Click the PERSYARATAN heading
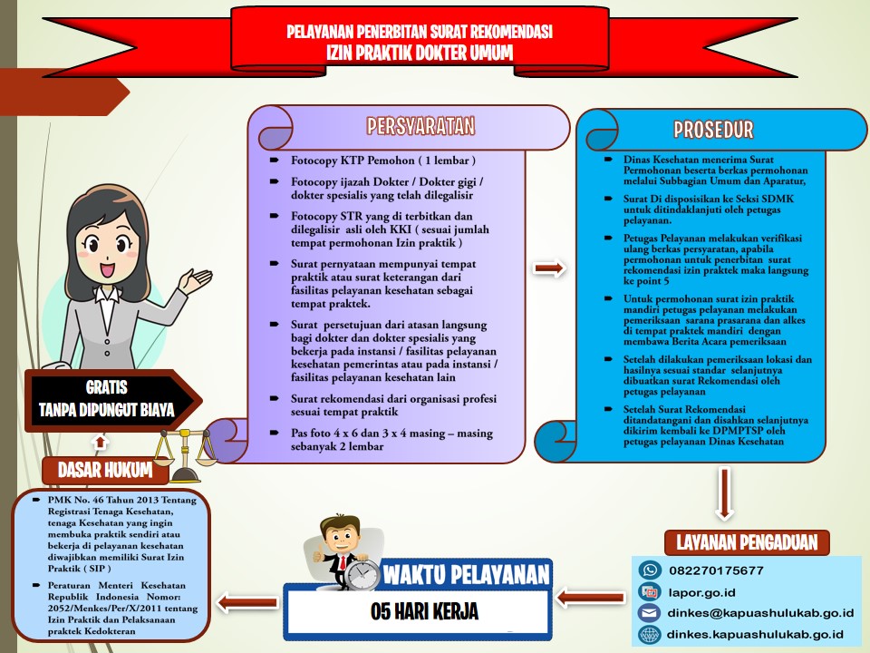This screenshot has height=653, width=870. pos(420,126)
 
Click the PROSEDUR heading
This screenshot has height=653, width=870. pos(713,130)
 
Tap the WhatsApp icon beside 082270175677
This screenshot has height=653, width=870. pos(650,570)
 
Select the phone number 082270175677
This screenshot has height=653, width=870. pos(716,570)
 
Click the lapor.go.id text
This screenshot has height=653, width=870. pos(701,592)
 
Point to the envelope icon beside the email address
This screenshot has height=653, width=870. pos(649,613)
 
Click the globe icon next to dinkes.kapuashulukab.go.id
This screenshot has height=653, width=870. pos(649,634)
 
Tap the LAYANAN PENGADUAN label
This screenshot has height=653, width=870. pos(747,542)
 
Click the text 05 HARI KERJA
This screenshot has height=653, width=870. pos(424,611)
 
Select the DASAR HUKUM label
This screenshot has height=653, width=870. pos(105,471)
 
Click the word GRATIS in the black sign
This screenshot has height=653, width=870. pos(107,387)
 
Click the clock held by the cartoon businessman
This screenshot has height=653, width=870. pos(362,574)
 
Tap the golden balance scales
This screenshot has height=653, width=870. pos(184,453)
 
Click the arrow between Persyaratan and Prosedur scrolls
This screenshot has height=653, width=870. pos(549,268)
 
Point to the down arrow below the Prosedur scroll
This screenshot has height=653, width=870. pos(723,493)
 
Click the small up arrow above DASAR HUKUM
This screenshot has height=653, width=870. pos(100,442)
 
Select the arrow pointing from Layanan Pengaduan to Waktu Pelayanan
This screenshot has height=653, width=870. pos(590,598)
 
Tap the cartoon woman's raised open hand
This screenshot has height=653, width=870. pos(195,280)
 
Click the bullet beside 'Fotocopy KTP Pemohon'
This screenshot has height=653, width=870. pos(274,160)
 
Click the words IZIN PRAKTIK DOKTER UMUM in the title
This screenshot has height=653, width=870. pos(420,53)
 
